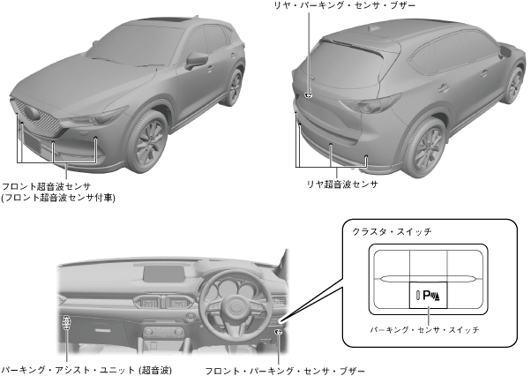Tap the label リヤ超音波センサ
pos(342,184)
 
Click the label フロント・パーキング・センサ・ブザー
pos(284,370)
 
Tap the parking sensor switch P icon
pos(429,295)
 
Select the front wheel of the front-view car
pos(146,141)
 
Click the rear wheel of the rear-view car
pos(426,147)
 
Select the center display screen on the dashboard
pos(165,273)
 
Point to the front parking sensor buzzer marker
pos(278,332)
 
